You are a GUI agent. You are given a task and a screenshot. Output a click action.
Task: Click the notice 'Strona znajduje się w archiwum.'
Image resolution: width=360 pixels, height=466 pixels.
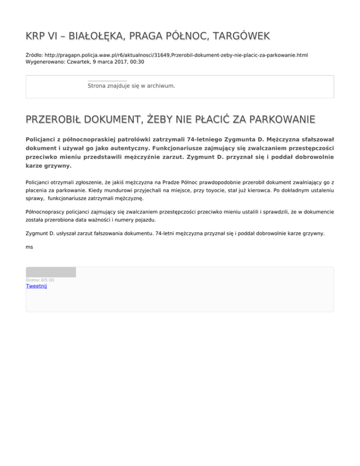[131, 86]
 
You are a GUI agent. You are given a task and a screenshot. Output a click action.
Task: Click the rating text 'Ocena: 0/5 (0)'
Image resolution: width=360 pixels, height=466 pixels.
[40, 280]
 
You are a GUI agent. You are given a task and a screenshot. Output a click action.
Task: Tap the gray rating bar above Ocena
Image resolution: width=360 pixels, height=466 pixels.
[51, 272]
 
